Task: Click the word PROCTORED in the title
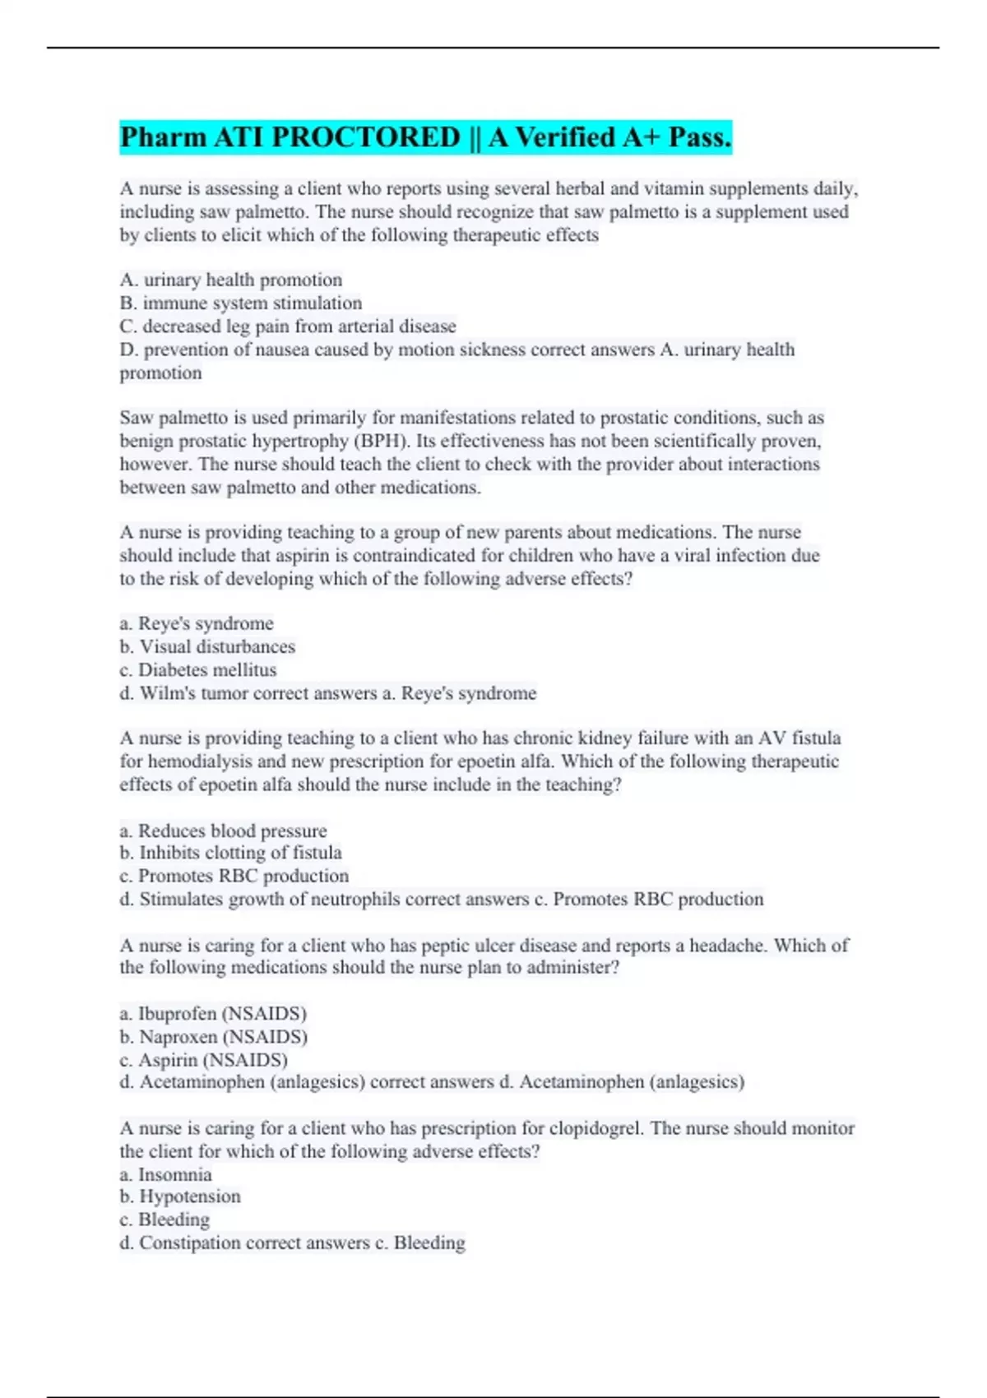364,137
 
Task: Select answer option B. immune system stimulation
240,303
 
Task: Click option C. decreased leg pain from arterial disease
287,326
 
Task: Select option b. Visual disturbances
207,647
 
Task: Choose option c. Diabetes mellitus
197,670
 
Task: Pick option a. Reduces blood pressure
223,831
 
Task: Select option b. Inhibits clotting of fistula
230,853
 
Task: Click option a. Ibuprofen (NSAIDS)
213,1013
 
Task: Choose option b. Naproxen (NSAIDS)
214,1037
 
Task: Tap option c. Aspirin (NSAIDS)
204,1060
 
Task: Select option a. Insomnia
165,1174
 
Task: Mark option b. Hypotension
180,1197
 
